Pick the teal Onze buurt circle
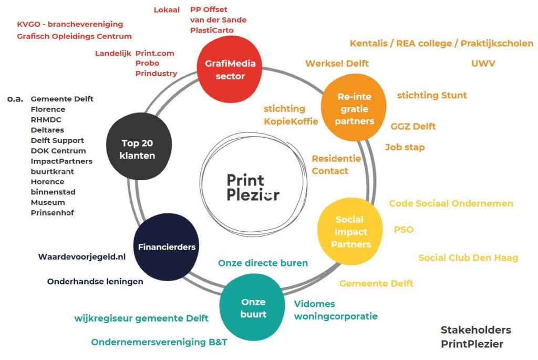[253, 308]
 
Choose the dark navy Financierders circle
[167, 246]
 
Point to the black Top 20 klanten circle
[138, 148]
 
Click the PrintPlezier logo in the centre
[253, 187]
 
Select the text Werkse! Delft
[337, 64]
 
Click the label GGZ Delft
[413, 126]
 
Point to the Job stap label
[405, 147]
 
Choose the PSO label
[403, 229]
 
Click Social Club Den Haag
[468, 258]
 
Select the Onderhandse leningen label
[95, 281]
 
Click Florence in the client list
[48, 109]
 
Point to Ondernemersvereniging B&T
[159, 342]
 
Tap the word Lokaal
[167, 9]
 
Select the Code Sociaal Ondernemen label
[451, 203]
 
